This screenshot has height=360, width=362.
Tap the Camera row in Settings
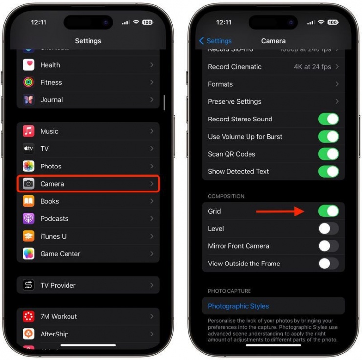(x=88, y=184)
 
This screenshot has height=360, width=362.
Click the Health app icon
(x=29, y=65)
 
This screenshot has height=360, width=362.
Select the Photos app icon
(x=29, y=166)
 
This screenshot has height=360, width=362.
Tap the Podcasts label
(x=54, y=219)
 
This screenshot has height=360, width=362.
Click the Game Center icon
(x=29, y=254)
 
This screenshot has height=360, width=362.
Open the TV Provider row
(x=88, y=285)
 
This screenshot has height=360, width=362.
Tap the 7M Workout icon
(x=29, y=316)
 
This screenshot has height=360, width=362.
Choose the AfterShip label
(x=54, y=334)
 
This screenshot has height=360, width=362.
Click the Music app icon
(x=29, y=131)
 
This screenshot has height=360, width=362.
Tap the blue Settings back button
(x=215, y=41)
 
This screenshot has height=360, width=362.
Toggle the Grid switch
(x=328, y=211)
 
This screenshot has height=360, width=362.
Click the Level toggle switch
(x=328, y=229)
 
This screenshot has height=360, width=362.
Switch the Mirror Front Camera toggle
(x=328, y=246)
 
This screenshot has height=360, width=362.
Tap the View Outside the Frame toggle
(x=328, y=264)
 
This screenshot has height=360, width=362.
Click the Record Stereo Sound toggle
(x=328, y=119)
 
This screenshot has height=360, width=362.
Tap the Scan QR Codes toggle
(x=328, y=154)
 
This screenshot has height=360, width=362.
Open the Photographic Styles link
(x=238, y=306)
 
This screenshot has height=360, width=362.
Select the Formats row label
(x=221, y=84)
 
